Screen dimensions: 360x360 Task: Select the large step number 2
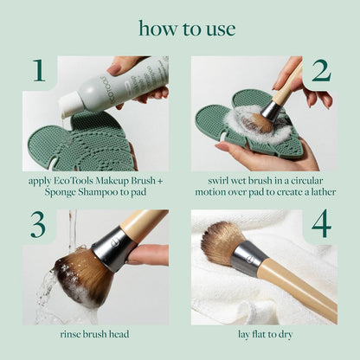[320, 72]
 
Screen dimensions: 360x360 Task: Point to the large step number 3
[37, 225]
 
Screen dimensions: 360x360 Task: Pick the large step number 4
[320, 225]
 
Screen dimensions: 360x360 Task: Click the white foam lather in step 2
[256, 121]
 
